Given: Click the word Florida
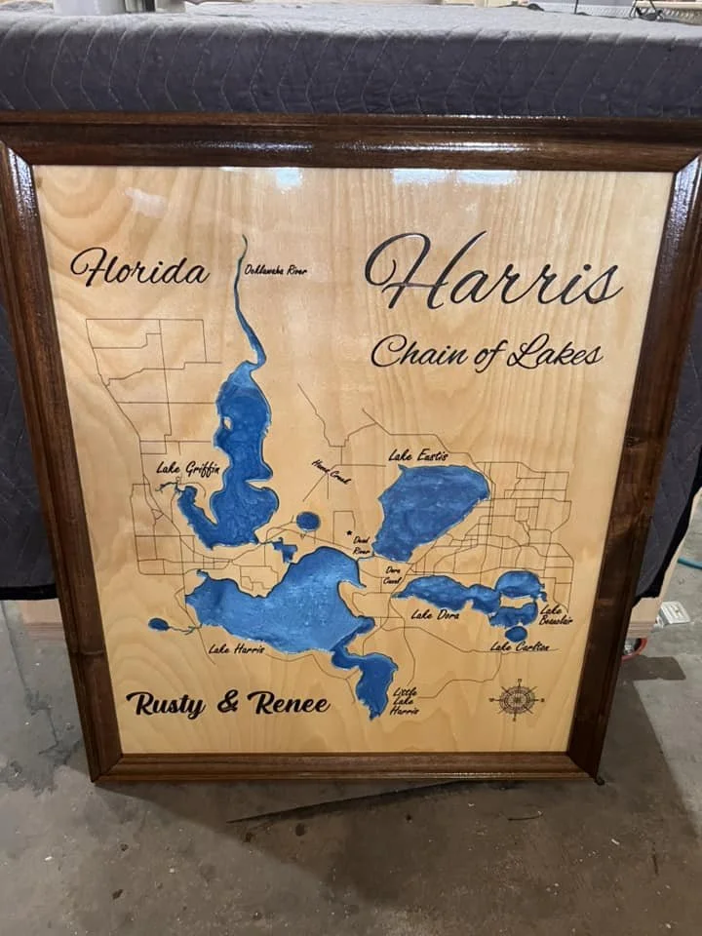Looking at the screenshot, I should [x=139, y=268].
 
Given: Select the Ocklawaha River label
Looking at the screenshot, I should [x=276, y=270].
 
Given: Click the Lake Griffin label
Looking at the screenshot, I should [x=188, y=469].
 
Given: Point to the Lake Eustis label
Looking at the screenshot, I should [x=418, y=455].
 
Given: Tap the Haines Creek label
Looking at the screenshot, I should [x=331, y=472].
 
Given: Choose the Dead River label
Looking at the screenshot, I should [x=361, y=545].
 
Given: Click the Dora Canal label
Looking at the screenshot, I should [x=392, y=575].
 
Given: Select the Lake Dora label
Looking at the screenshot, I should [x=435, y=615].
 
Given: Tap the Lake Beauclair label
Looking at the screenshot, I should [x=556, y=614].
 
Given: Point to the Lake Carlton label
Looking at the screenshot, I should [x=520, y=646].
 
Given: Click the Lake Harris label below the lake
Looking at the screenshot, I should [x=236, y=648].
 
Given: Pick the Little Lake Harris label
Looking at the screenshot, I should [x=405, y=702].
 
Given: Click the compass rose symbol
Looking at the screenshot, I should [x=516, y=698].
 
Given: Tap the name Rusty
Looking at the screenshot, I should [x=165, y=703].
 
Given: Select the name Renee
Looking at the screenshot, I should [x=288, y=702].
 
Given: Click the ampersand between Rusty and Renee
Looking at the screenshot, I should [x=227, y=703].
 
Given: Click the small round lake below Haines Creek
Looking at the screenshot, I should [x=308, y=521].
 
